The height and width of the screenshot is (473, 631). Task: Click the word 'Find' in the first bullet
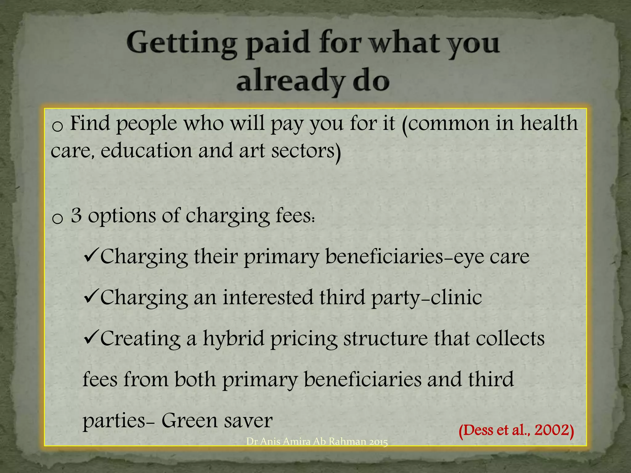[x=90, y=123]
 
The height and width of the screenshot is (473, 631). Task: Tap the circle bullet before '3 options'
[x=57, y=218]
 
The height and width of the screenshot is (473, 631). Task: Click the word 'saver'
[x=248, y=421]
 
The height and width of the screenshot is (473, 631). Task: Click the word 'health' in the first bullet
[x=548, y=123]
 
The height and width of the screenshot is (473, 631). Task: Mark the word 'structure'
[x=385, y=338]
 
